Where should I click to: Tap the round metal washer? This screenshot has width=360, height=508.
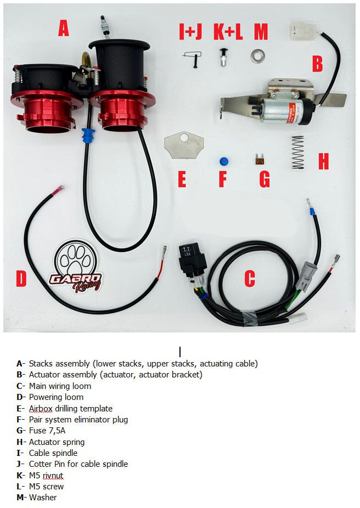(257, 56)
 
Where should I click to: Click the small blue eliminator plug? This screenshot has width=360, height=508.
(223, 161)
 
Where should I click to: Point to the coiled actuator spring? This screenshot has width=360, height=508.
(298, 153)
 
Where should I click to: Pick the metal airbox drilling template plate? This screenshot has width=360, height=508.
(184, 145)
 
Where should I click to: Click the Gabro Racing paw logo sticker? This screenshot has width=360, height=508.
(76, 266)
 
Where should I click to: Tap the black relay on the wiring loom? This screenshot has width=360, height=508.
(193, 259)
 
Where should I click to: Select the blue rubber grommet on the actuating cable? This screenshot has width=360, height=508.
(88, 136)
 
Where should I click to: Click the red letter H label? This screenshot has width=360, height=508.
(323, 161)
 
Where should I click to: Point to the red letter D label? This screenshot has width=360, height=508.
(21, 278)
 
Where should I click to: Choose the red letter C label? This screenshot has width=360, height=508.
(250, 278)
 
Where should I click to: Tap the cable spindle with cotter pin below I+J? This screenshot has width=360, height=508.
(193, 59)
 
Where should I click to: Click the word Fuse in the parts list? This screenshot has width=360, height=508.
(37, 431)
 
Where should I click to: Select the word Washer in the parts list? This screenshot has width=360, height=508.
(43, 498)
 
